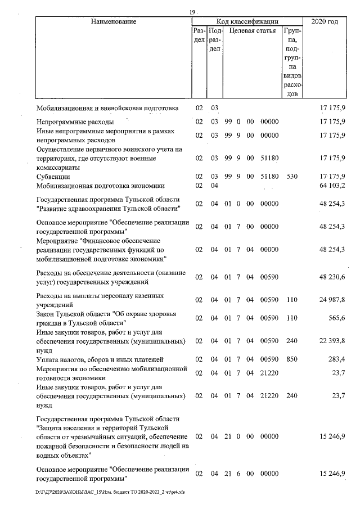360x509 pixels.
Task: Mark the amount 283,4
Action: click(x=336, y=359)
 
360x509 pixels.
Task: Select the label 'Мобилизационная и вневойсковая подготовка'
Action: click(x=107, y=107)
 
